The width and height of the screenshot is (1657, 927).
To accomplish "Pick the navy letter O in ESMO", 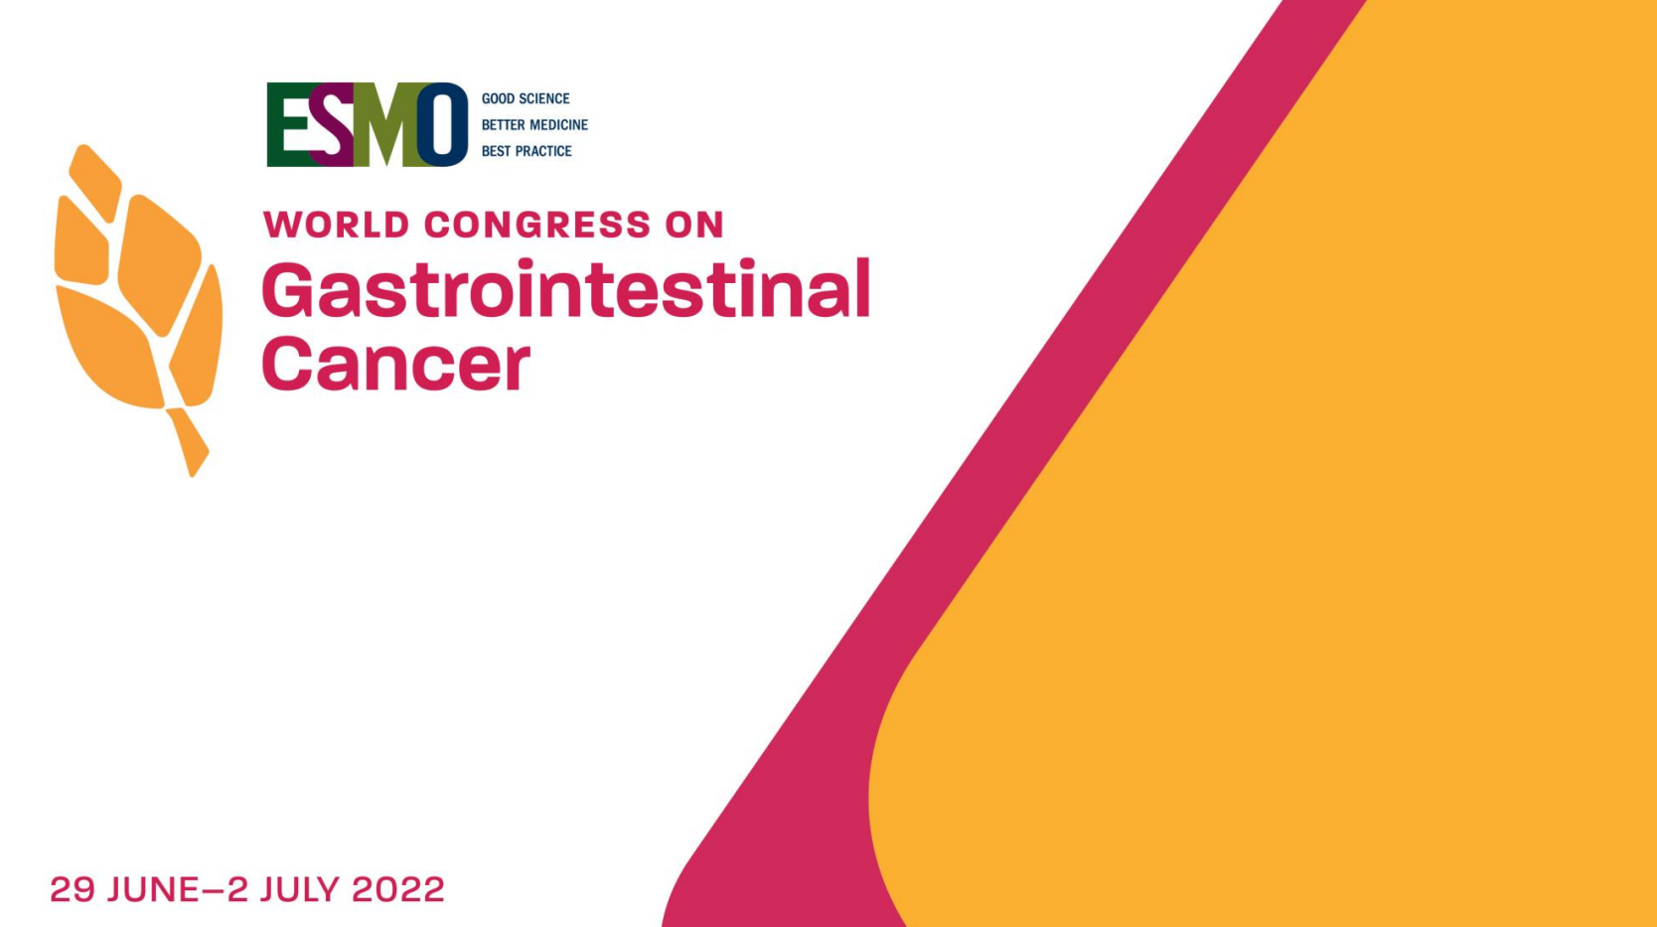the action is pyautogui.click(x=443, y=124).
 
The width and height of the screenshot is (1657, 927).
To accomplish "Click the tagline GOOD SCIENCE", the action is pyautogui.click(x=526, y=98).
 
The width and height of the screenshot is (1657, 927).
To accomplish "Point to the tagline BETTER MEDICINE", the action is pyautogui.click(x=534, y=125).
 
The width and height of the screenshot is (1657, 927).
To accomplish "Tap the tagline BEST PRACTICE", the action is pyautogui.click(x=527, y=151).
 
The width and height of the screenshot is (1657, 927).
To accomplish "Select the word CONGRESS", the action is pyautogui.click(x=537, y=225).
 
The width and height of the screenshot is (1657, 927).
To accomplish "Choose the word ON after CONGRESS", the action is pyautogui.click(x=694, y=225).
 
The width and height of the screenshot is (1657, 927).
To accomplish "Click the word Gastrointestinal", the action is pyautogui.click(x=566, y=288).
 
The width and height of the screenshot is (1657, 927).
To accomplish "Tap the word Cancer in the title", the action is pyautogui.click(x=395, y=364).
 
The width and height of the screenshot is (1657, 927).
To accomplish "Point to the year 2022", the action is pyautogui.click(x=398, y=889).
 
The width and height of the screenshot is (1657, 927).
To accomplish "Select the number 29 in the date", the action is pyautogui.click(x=73, y=889).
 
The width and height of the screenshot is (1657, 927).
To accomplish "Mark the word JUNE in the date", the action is pyautogui.click(x=153, y=889).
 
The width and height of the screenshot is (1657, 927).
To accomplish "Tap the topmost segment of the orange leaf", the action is pyautogui.click(x=95, y=181).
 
